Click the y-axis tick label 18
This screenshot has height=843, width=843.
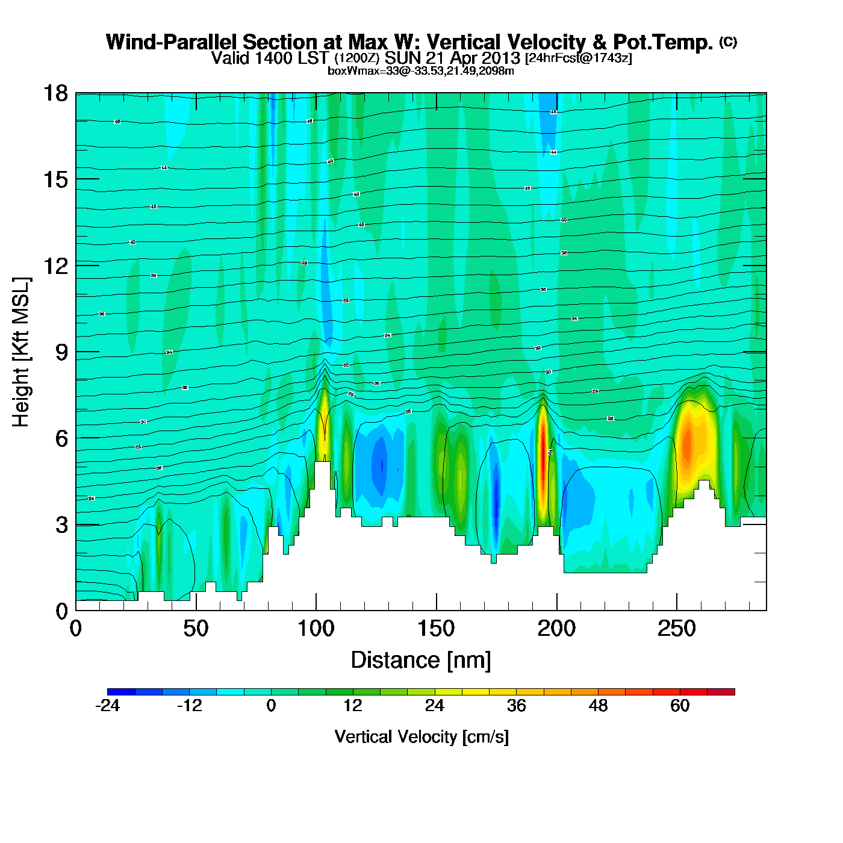tap(55, 93)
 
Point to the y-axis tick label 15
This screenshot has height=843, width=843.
tap(55, 179)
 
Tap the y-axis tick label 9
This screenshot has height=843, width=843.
tap(61, 352)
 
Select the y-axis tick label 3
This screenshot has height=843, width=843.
tap(61, 525)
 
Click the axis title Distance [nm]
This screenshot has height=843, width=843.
tap(421, 661)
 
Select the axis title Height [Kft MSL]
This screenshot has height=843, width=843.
tap(21, 352)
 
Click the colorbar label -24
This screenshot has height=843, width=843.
tap(107, 706)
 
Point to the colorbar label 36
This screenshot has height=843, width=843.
tap(516, 706)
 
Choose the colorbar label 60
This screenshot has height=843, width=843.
tap(680, 706)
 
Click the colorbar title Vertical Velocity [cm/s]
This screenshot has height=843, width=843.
tap(421, 737)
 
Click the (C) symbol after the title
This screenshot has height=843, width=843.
tap(728, 42)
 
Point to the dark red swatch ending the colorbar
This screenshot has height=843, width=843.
tap(721, 692)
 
